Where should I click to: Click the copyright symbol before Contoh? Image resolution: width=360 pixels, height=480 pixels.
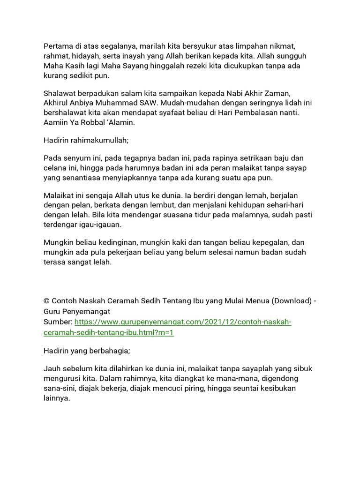coord(46,300)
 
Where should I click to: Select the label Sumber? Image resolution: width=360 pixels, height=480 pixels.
coord(58,322)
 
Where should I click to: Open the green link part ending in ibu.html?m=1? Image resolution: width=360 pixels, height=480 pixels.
coord(108,332)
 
